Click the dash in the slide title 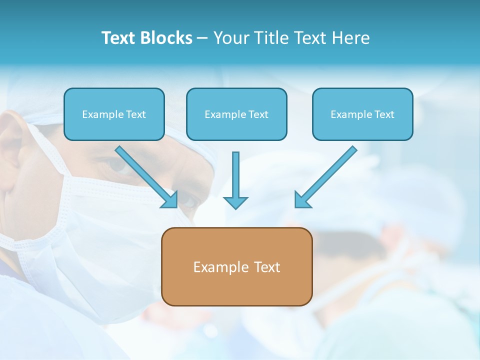click(202, 38)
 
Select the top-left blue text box click(114, 114)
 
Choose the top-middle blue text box click(236, 114)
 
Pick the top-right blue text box click(362, 114)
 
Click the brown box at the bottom click(236, 266)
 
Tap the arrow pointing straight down click(235, 180)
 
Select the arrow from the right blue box click(325, 176)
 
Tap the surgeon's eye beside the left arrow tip click(187, 201)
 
